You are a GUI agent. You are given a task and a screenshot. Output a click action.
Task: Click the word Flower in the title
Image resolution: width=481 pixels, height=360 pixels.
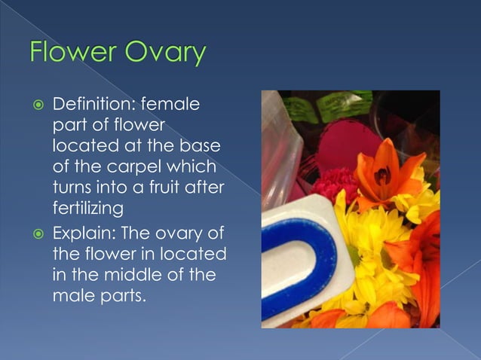tap(72, 53)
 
